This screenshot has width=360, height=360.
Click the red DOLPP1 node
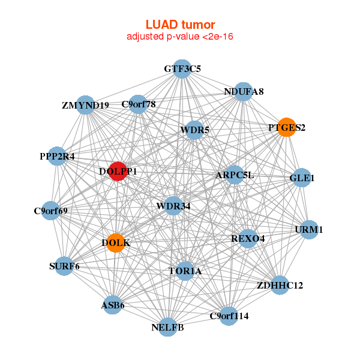(x=118, y=171)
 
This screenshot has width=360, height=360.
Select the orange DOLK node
(x=116, y=243)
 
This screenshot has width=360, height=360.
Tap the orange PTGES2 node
(x=287, y=127)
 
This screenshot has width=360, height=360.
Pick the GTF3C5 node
(x=182, y=69)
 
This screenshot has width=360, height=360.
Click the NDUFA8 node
(x=243, y=92)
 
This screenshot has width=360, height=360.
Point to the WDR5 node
(x=194, y=130)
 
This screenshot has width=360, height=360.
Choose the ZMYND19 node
(x=86, y=105)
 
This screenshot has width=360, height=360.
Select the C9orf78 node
(x=139, y=104)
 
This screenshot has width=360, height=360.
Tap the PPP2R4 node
(x=57, y=156)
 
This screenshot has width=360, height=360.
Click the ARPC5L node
(x=235, y=175)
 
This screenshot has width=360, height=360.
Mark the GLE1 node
(x=302, y=178)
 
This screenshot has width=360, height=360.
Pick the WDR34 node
(x=173, y=206)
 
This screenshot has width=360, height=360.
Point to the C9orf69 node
(x=51, y=211)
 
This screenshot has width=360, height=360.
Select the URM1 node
(x=309, y=230)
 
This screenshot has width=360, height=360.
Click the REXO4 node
(x=248, y=238)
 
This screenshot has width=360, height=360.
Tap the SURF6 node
(x=64, y=266)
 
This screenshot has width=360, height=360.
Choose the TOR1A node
(x=185, y=271)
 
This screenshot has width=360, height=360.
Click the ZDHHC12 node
(x=280, y=285)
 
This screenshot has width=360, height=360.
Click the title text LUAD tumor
(x=180, y=25)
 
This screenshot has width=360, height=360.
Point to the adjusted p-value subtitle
(x=180, y=37)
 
